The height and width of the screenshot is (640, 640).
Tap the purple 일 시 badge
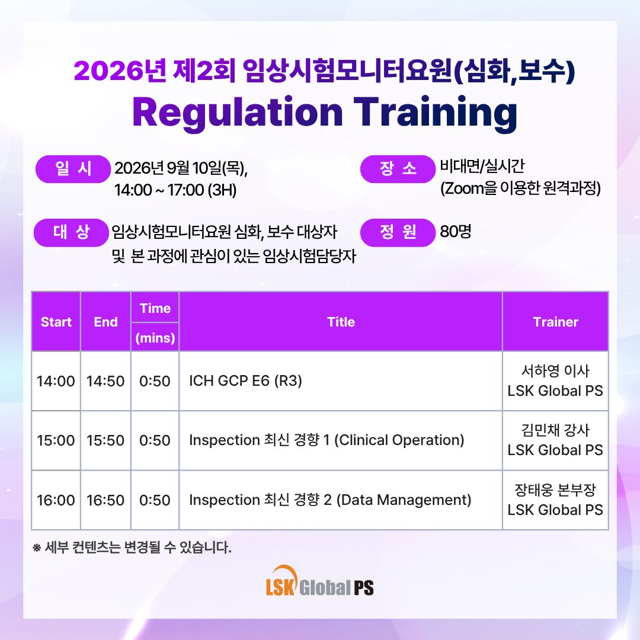pyautogui.click(x=73, y=169)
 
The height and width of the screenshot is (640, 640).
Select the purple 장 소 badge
pyautogui.click(x=398, y=169)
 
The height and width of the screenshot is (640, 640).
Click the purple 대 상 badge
pyautogui.click(x=71, y=233)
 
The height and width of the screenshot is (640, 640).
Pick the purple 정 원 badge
pyautogui.click(x=398, y=233)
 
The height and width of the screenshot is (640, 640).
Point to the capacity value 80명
pyautogui.click(x=456, y=232)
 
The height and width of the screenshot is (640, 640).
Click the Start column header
pyautogui.click(x=56, y=322)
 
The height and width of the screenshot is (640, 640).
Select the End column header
pyautogui.click(x=105, y=322)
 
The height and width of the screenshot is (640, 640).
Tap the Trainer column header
pyautogui.click(x=555, y=322)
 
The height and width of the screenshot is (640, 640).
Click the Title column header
pyautogui.click(x=341, y=322)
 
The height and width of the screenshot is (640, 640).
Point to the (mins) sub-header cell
pyautogui.click(x=155, y=338)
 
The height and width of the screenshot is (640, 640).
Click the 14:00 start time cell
pyautogui.click(x=56, y=381)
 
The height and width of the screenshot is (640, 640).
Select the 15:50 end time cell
pyautogui.click(x=105, y=440)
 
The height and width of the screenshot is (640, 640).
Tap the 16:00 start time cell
pyautogui.click(x=56, y=500)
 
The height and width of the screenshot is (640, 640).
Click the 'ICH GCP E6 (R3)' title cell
pyautogui.click(x=245, y=381)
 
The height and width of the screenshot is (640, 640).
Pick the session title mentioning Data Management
pyautogui.click(x=330, y=500)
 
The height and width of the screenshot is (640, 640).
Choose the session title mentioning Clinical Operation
pyautogui.click(x=327, y=440)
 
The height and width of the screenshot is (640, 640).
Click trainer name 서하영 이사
pyautogui.click(x=555, y=370)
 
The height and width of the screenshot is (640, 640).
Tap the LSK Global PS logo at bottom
pyautogui.click(x=319, y=581)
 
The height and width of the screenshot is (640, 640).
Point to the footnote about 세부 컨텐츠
pyautogui.click(x=132, y=548)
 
